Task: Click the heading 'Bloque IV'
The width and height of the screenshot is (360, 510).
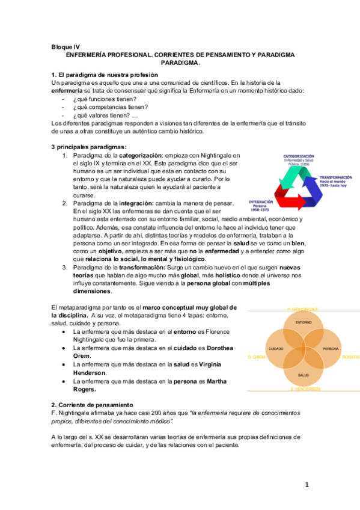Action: (65, 46)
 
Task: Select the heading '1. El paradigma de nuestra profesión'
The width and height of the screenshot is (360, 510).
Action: (100, 74)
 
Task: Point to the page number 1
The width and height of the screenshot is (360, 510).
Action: (306, 485)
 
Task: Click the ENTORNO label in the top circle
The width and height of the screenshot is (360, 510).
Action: (304, 323)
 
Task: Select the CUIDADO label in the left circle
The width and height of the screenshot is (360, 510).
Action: (276, 349)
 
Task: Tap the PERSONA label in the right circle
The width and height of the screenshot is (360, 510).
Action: (331, 349)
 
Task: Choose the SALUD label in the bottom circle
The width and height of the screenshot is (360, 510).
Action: (304, 375)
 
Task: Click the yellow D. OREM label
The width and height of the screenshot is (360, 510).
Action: (257, 357)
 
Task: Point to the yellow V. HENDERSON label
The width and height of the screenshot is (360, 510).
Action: (304, 389)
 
